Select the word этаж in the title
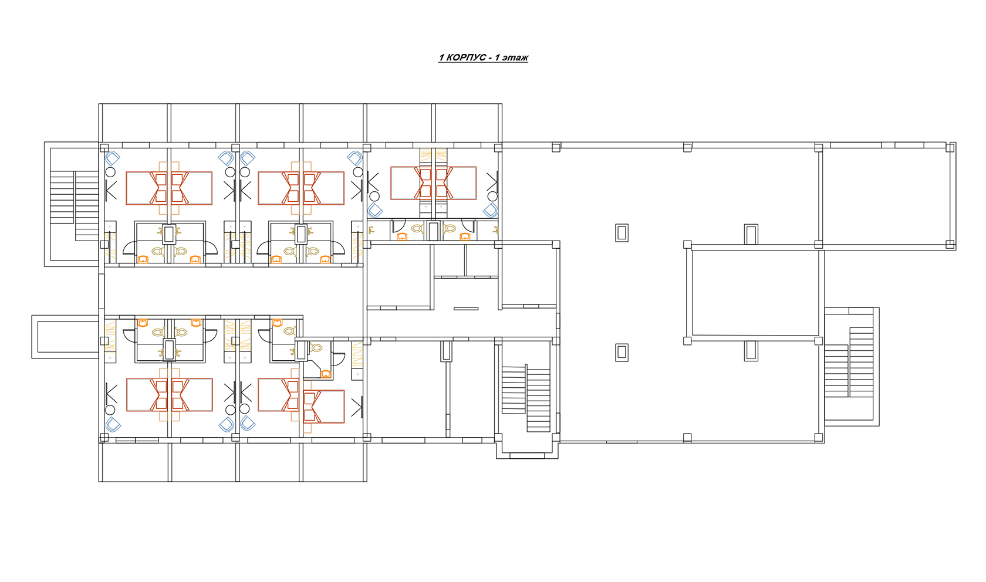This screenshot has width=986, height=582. [x=515, y=57]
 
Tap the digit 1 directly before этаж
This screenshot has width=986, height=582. [x=497, y=57]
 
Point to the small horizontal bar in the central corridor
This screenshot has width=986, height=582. [x=466, y=309]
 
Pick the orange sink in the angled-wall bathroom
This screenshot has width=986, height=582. [x=325, y=374]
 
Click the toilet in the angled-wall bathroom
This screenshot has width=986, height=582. [x=316, y=348]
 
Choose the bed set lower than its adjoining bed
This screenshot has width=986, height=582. [x=323, y=407]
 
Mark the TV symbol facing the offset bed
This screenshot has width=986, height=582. [x=357, y=407]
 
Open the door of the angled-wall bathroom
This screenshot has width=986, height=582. [x=338, y=359]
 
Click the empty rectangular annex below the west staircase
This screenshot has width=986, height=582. [x=65, y=337]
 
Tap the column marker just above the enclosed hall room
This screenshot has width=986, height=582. [x=751, y=234]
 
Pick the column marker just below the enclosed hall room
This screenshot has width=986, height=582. [x=751, y=351]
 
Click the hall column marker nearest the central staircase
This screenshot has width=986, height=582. [x=622, y=353]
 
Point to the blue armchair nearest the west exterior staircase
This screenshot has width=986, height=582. [x=112, y=158]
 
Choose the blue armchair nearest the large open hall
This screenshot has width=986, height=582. [x=491, y=210]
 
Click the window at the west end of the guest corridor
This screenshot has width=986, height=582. [x=102, y=291]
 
